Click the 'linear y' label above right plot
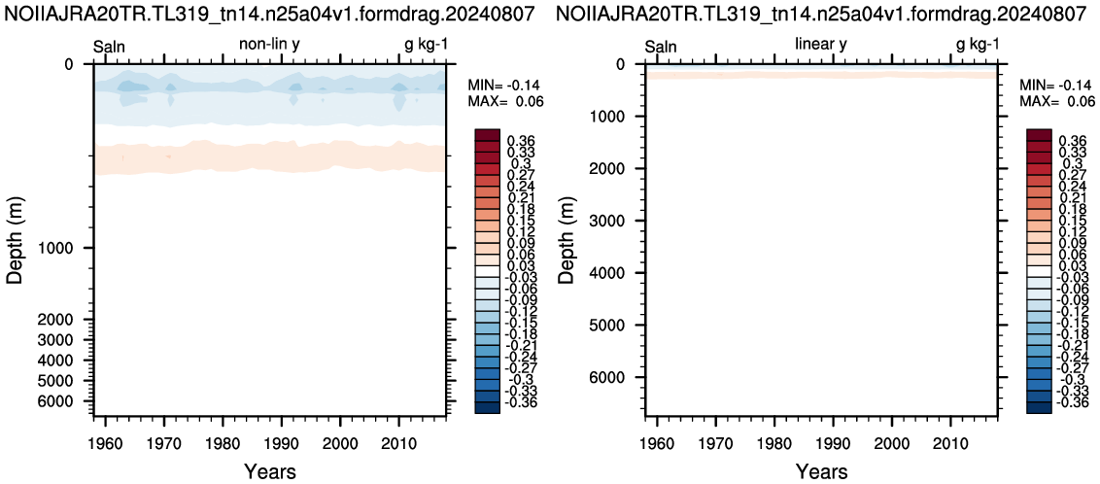click(820, 46)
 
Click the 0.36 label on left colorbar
click(520, 140)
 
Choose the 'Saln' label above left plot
click(110, 47)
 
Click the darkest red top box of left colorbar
click(486, 135)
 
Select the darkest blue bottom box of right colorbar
click(1038, 407)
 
